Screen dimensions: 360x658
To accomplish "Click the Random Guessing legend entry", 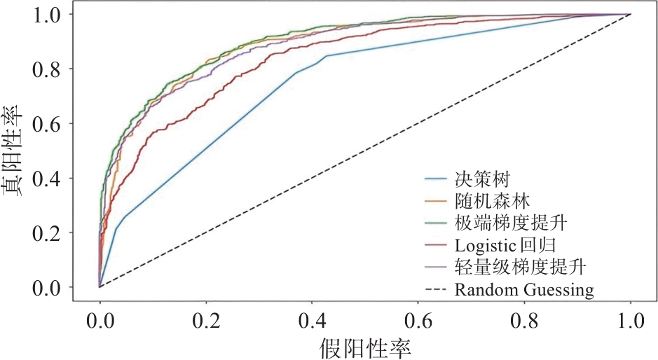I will point(524,289).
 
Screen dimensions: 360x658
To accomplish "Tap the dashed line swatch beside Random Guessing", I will point(437,290).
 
